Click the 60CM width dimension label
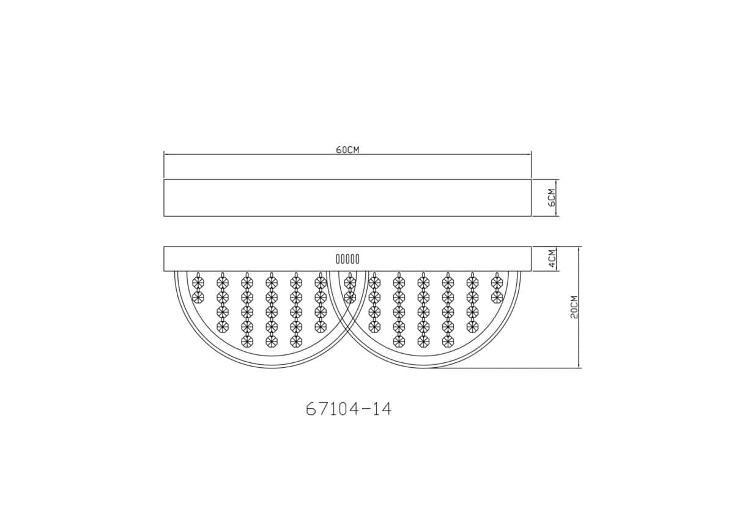[x=347, y=150]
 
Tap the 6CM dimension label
[x=552, y=198]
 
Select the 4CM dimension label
[x=552, y=259]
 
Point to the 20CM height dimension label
[x=574, y=307]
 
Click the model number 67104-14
[x=349, y=409]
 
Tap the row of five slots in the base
[x=347, y=259]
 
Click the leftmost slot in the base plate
[x=338, y=259]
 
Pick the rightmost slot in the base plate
[x=357, y=259]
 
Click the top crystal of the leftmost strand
[x=198, y=282]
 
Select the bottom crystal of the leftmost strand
[x=198, y=297]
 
